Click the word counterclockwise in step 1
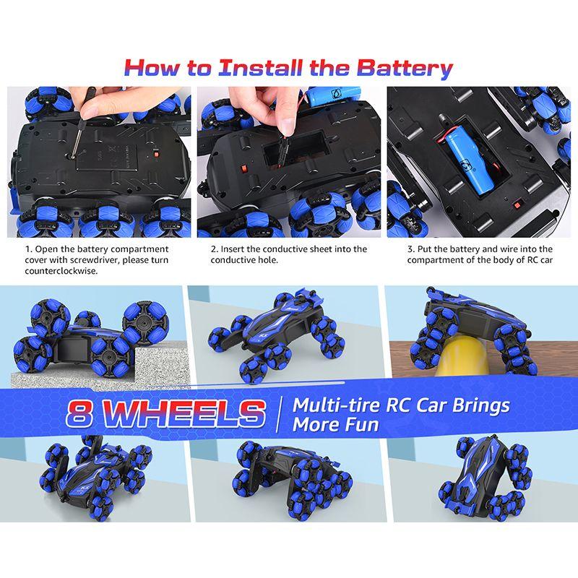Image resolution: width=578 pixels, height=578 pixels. pos(61,271)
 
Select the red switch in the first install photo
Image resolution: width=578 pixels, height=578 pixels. pos(156,153)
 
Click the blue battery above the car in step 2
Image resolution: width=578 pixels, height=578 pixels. pos(334,96)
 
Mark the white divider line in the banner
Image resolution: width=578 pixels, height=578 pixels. pos(279,414)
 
